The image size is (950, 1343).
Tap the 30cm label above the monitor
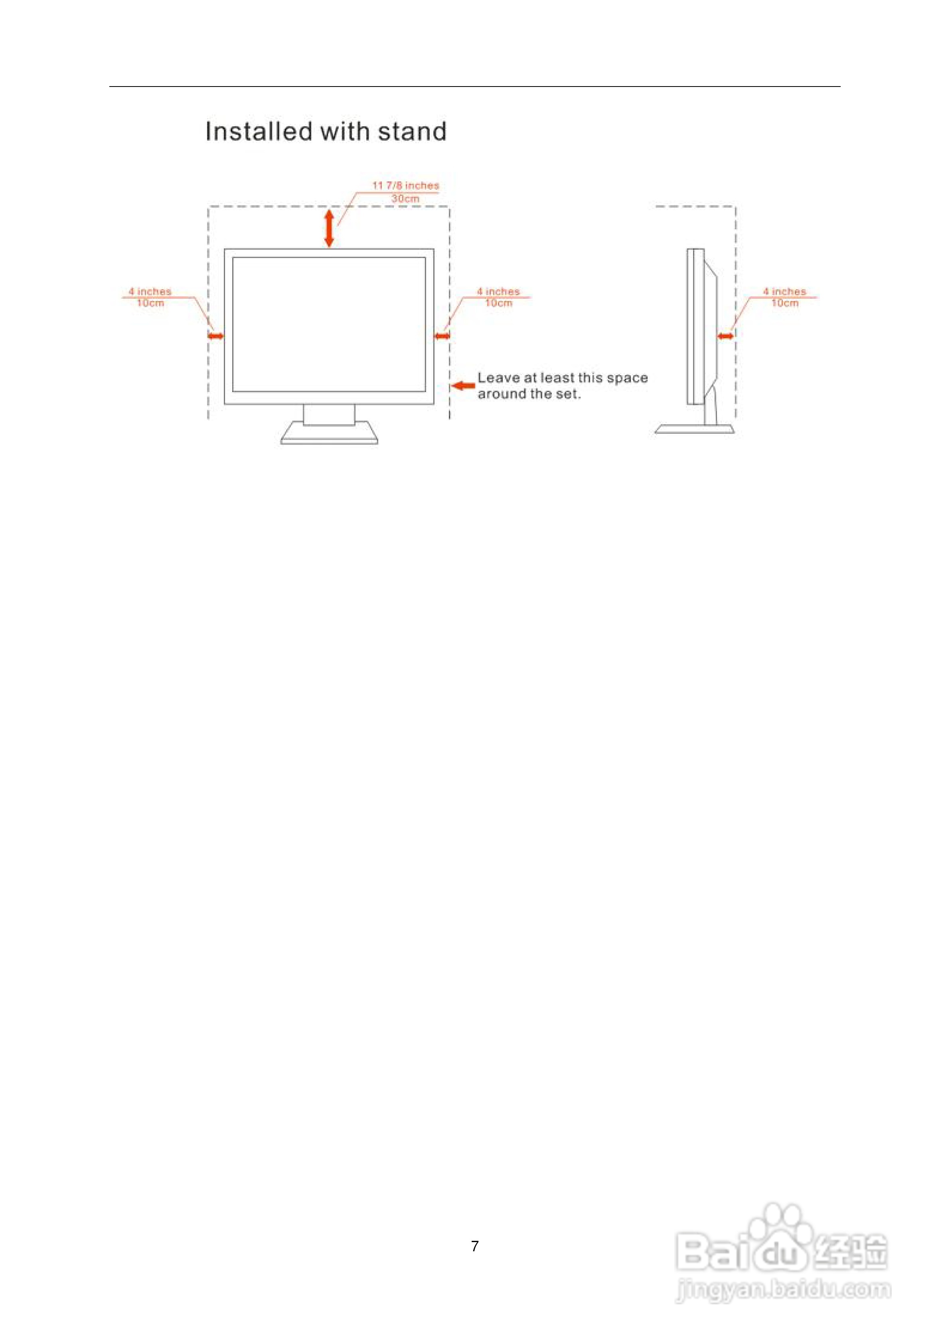coord(405,199)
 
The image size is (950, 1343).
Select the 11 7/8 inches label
coord(406,185)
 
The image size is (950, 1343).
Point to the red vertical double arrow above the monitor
coord(329,228)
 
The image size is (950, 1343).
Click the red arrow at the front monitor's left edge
coord(216,336)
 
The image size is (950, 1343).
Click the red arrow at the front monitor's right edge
coord(442,336)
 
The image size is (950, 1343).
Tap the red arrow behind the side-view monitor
coord(726,336)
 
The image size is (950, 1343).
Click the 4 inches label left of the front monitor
coord(150,291)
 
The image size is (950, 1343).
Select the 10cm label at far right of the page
coord(784,303)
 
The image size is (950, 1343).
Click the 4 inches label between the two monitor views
coord(498,291)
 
